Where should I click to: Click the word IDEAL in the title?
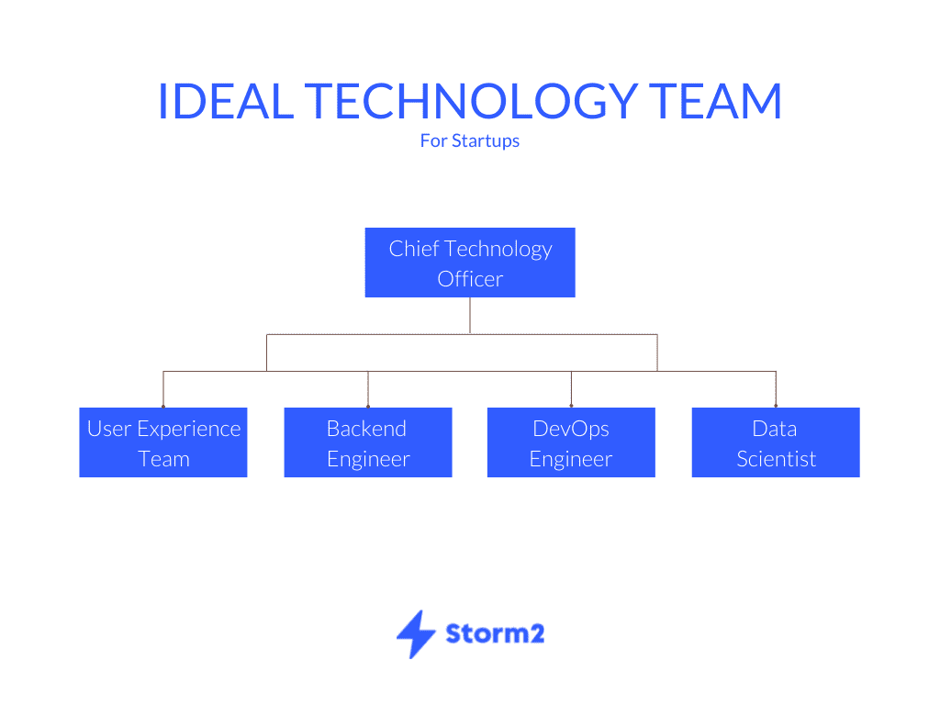click(x=226, y=101)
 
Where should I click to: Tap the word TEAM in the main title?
click(x=716, y=101)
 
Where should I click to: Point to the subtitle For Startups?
click(x=470, y=140)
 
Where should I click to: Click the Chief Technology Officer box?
click(x=470, y=263)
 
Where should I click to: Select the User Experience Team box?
click(x=163, y=442)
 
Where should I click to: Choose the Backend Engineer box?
click(x=368, y=442)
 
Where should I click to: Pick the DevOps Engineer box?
click(x=571, y=442)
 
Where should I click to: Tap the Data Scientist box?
click(x=776, y=442)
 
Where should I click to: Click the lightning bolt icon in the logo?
click(x=416, y=634)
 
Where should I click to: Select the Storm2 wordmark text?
click(x=495, y=633)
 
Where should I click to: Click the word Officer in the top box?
click(x=470, y=279)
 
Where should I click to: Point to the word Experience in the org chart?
click(x=189, y=430)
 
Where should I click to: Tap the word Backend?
click(x=367, y=429)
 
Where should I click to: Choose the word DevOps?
click(x=571, y=430)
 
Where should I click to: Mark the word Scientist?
click(x=777, y=459)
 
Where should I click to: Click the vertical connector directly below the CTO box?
click(x=470, y=316)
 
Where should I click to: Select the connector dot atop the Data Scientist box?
click(x=776, y=406)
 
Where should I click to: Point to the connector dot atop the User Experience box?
click(x=163, y=406)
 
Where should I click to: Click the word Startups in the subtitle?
click(x=486, y=141)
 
